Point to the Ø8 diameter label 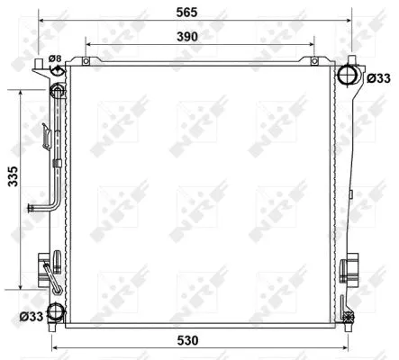pos(54,58)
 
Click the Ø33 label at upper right pos(379,78)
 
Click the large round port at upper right pos(349,76)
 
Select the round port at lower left pos(57,313)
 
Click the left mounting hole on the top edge pos(86,61)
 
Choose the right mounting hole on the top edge pos(313,61)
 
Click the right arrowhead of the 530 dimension pos(346,346)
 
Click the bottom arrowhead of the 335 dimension pos(22,287)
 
